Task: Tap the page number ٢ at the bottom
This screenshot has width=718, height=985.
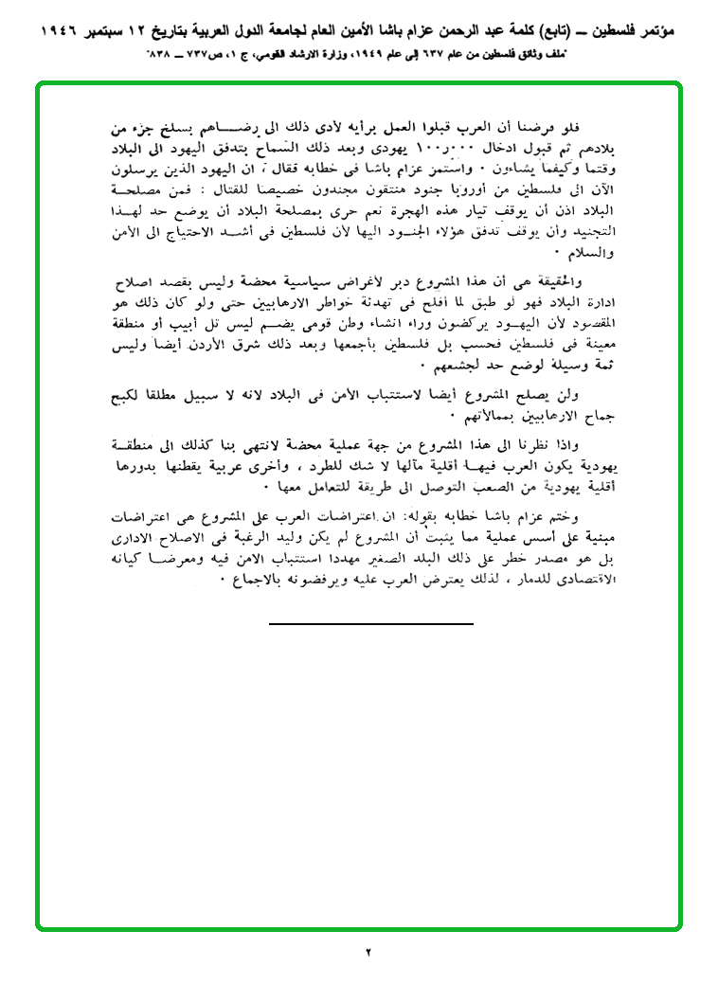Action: (368, 951)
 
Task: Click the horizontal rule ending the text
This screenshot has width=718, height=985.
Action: (370, 624)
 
